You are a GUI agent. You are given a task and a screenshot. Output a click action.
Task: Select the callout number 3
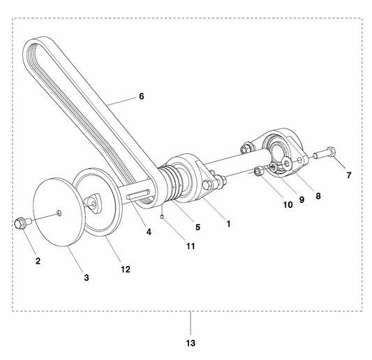87,278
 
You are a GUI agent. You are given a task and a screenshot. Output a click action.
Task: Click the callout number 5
198,226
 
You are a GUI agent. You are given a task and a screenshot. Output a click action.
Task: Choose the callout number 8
318,196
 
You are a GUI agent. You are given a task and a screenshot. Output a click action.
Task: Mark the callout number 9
302,200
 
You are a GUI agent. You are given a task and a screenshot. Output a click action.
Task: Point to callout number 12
125,269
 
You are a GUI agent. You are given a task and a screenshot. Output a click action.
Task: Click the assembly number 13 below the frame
191,343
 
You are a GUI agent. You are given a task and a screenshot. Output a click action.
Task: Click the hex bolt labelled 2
19,223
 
